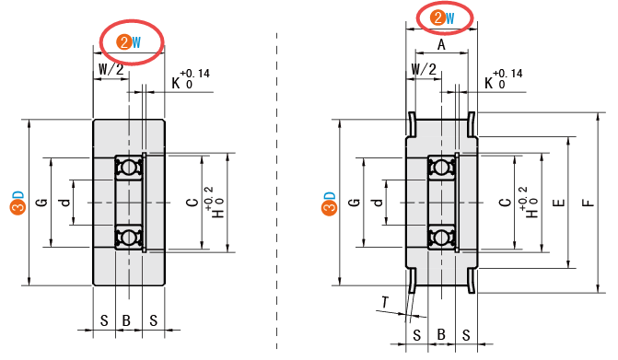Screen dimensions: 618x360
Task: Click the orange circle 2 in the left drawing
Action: pyautogui.click(x=124, y=41)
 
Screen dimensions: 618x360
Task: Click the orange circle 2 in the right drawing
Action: pyautogui.click(x=437, y=17)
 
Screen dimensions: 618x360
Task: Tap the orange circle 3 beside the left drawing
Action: pyautogui.click(x=17, y=207)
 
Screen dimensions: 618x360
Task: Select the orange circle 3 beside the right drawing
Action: pyautogui.click(x=330, y=207)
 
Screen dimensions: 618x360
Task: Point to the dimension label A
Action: pyautogui.click(x=441, y=45)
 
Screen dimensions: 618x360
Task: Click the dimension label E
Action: pyautogui.click(x=559, y=203)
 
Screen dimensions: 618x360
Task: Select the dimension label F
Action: pyautogui.click(x=589, y=203)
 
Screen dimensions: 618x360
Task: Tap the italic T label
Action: pyautogui.click(x=385, y=302)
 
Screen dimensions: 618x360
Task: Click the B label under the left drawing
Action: pyautogui.click(x=126, y=320)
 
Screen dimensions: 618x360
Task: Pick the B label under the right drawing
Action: pyautogui.click(x=441, y=335)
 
